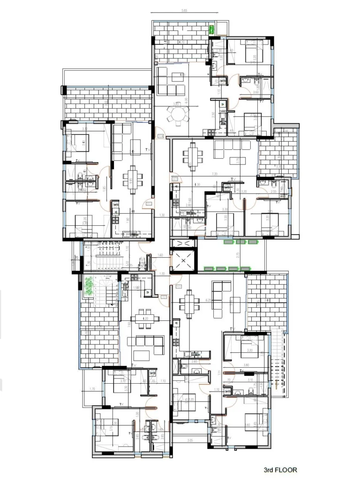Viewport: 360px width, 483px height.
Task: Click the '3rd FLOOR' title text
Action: point(280,469)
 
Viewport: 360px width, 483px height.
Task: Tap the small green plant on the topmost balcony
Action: point(211,30)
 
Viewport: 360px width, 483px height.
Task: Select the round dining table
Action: point(179,113)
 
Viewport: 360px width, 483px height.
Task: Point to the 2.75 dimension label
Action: point(239,255)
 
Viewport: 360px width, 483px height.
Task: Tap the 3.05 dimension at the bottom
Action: point(190,440)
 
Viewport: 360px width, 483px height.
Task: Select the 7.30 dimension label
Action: point(214,174)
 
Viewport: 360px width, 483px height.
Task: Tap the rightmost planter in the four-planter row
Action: point(245,268)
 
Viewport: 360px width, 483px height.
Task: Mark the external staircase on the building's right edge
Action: point(281,365)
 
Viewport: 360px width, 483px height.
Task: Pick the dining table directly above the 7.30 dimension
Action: point(193,156)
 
